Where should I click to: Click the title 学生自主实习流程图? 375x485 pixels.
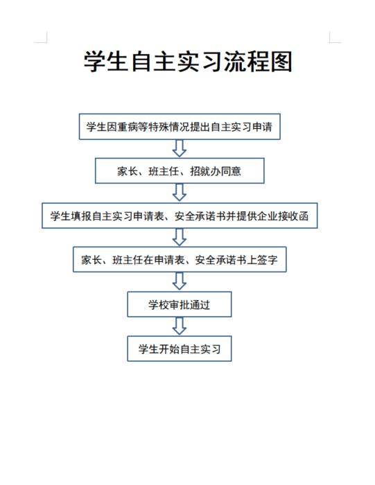(188, 62)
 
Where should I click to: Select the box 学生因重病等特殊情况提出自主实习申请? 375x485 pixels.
(180, 127)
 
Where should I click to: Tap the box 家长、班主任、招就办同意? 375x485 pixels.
(180, 170)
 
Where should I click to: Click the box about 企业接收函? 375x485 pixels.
(180, 215)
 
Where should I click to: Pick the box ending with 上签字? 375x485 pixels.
(180, 260)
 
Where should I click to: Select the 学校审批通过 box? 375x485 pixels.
(180, 304)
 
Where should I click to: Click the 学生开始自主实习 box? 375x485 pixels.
(180, 349)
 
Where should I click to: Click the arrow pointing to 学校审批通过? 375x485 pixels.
(180, 281)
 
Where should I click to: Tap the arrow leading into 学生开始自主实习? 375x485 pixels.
(180, 326)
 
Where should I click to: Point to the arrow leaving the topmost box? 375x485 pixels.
(180, 148)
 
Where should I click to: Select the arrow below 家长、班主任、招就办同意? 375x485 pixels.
(180, 193)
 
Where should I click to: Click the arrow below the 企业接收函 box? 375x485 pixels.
(180, 237)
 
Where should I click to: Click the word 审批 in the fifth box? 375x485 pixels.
(179, 305)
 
